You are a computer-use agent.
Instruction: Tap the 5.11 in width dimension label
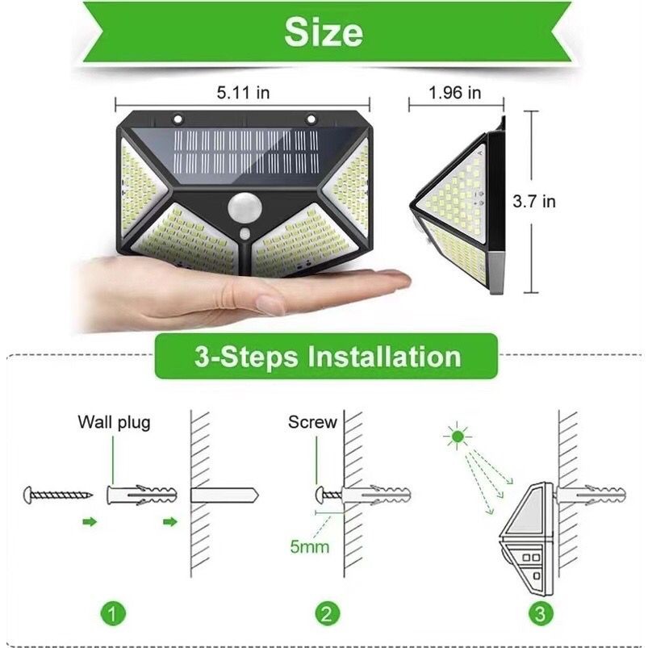pos(243,92)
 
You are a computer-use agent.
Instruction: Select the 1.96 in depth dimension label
pos(455,92)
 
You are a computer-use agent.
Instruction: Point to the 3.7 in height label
pos(534,201)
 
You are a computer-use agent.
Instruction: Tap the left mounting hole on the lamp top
pos(178,119)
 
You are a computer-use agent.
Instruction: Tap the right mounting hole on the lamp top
pos(311,119)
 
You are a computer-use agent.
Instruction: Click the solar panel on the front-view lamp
pos(247,157)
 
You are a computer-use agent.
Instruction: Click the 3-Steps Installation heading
pos(328,357)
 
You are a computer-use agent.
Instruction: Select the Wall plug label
pos(114,422)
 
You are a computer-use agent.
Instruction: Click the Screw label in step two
pos(312,422)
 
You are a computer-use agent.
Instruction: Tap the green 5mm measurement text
pos(310,546)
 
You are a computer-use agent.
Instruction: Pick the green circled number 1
pos(113,613)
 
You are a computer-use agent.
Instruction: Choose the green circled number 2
pos(328,613)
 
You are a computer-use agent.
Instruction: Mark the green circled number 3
pos(540,613)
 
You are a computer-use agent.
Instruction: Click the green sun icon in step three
pos(457,436)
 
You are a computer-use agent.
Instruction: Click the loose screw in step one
pos(58,494)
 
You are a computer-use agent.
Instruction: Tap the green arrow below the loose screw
pos(90,522)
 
